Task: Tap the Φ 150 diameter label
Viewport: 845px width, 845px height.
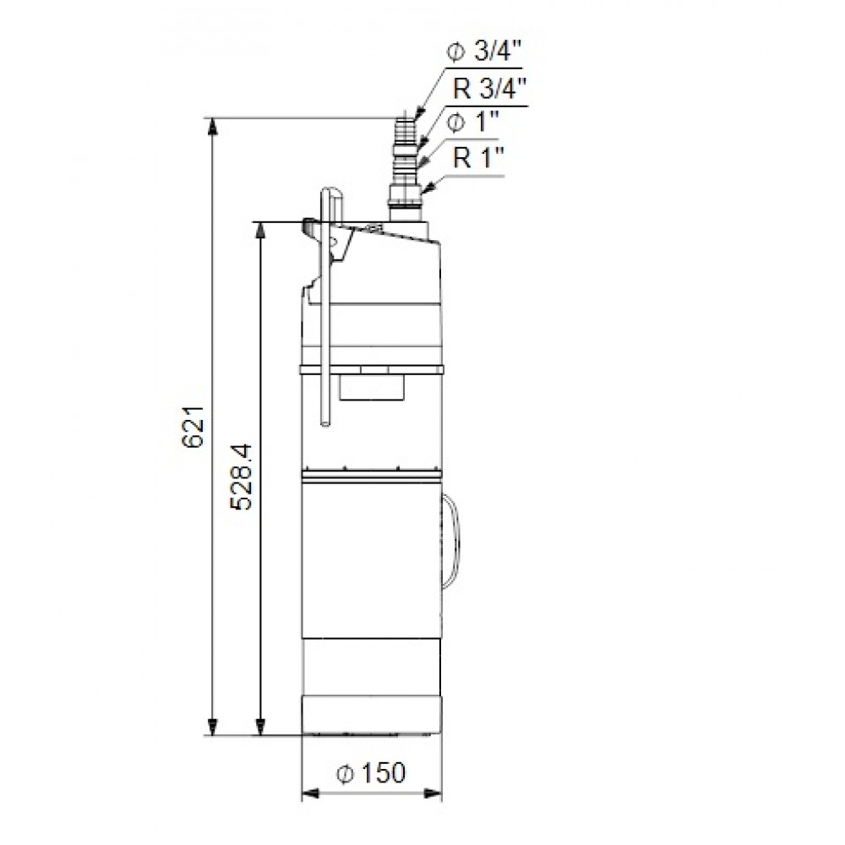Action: (x=371, y=772)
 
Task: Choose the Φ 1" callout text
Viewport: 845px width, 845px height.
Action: (x=467, y=123)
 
